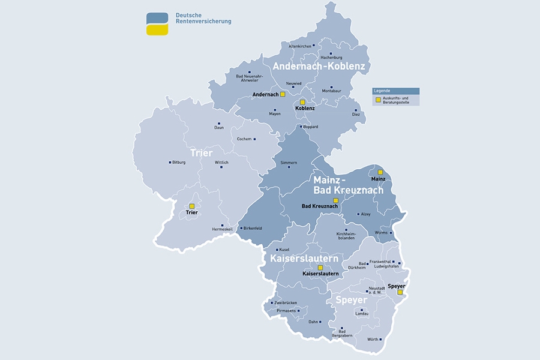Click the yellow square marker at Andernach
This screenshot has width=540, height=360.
click(x=283, y=94)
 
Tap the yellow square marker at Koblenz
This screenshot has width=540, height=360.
click(x=303, y=102)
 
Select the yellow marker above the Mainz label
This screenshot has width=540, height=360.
click(x=380, y=172)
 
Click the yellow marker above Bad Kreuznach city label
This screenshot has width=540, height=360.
click(x=336, y=200)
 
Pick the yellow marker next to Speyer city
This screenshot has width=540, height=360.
click(x=400, y=292)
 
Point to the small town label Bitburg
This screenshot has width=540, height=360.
click(x=179, y=162)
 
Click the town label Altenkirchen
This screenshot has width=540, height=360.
click(x=299, y=46)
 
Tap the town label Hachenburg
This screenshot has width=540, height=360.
click(x=331, y=57)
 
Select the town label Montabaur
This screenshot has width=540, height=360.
click(x=331, y=91)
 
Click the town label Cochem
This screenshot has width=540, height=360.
click(x=244, y=139)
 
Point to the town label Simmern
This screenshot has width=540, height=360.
click(x=289, y=162)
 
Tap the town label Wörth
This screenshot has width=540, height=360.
click(x=373, y=340)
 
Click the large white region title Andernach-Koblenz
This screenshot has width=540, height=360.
click(x=319, y=66)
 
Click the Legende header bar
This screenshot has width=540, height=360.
click(x=395, y=91)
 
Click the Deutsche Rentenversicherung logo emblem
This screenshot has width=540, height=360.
click(x=157, y=24)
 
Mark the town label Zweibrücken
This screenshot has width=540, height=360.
click(x=286, y=302)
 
